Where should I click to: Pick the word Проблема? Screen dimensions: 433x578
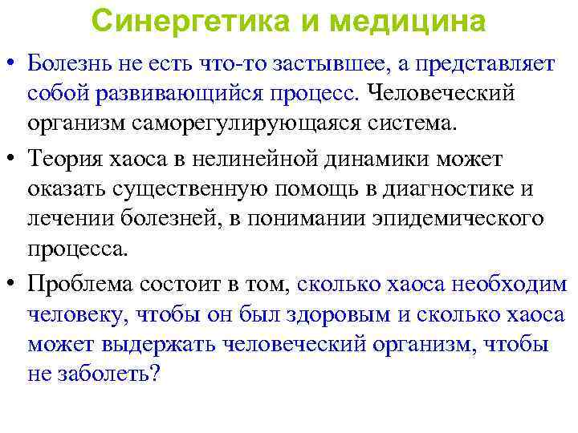pos(79,283)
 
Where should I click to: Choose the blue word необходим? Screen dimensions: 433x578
pos(511,283)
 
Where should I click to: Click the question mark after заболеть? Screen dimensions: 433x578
pos(156,374)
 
